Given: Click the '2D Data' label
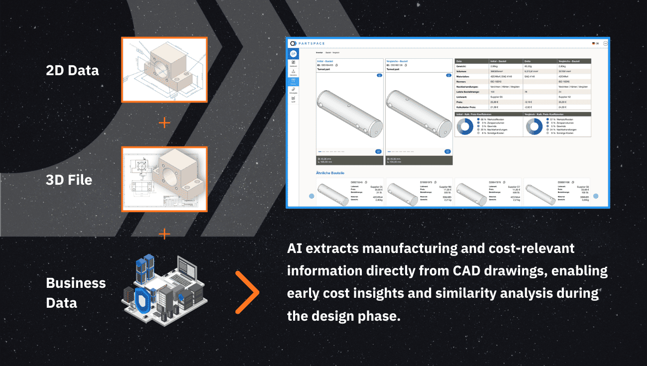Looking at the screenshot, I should [x=72, y=71].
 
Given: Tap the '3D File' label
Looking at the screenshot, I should [x=69, y=180].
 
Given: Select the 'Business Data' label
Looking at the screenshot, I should [x=76, y=293].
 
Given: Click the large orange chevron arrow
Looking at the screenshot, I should [x=247, y=292].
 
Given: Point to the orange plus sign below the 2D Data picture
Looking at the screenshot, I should [x=164, y=122].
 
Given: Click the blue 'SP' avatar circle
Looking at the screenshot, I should [x=293, y=54].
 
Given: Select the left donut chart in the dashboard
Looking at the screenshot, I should [x=465, y=126].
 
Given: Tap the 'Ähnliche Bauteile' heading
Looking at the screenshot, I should [x=330, y=173].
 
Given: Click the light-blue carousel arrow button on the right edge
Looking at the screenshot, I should [x=595, y=196].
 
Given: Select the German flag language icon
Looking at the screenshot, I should [x=593, y=43].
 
